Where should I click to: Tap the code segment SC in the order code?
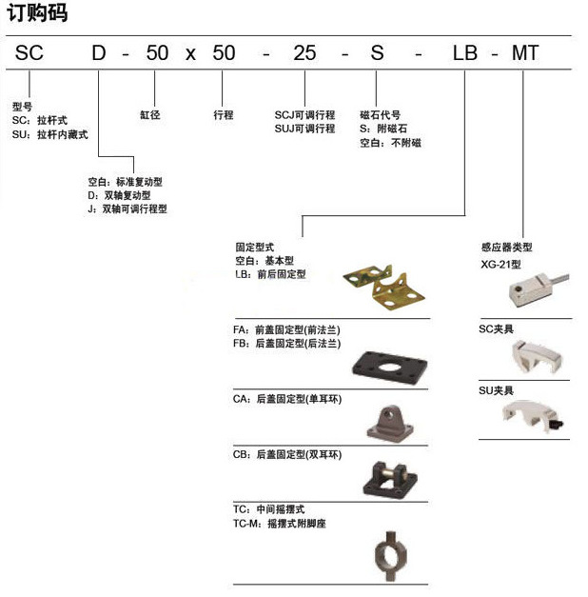(x=29, y=53)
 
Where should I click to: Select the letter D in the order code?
(x=99, y=53)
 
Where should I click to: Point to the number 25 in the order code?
(x=304, y=53)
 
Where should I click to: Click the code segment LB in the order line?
(x=464, y=53)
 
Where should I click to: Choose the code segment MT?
(x=526, y=53)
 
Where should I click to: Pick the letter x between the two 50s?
(x=190, y=54)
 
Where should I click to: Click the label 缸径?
(x=149, y=114)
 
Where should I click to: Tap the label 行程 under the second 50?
(x=224, y=114)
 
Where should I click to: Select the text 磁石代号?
(x=381, y=114)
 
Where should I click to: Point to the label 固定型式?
(x=254, y=246)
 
